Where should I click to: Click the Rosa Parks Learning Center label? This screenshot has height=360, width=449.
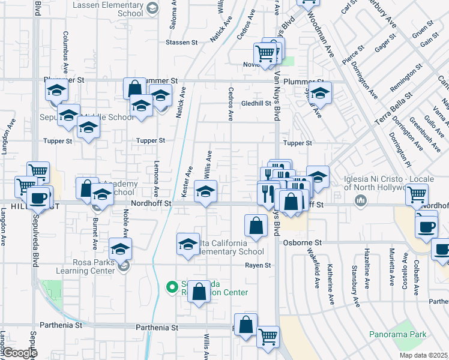(77, 266)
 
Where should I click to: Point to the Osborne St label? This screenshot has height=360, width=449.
(303, 242)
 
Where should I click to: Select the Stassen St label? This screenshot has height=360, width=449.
(182, 43)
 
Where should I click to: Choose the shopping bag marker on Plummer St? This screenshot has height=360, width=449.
(134, 88)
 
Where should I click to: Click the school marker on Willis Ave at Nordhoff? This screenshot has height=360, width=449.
(206, 193)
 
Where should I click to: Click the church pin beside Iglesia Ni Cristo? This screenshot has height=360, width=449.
(361, 200)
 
